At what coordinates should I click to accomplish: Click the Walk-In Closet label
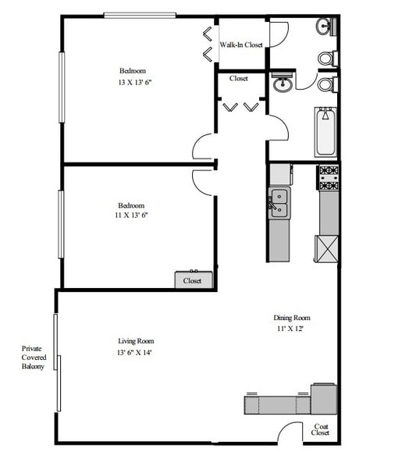pyautogui.click(x=241, y=45)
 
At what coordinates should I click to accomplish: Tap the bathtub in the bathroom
pyautogui.click(x=326, y=131)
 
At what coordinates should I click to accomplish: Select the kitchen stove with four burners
pyautogui.click(x=328, y=177)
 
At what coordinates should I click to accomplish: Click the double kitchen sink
pyautogui.click(x=279, y=204)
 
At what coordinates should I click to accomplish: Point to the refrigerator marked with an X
pyautogui.click(x=326, y=248)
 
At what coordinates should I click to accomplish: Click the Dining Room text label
pyautogui.click(x=292, y=318)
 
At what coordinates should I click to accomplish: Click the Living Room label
pyautogui.click(x=136, y=341)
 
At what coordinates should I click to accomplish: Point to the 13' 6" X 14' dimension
pyautogui.click(x=136, y=353)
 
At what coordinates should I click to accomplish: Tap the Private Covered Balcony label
pyautogui.click(x=33, y=358)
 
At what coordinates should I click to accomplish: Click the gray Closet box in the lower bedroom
pyautogui.click(x=192, y=280)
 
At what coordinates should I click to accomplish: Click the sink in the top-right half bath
pyautogui.click(x=326, y=27)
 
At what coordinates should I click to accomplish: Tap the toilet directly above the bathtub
pyautogui.click(x=327, y=84)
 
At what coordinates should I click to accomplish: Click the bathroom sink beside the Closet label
pyautogui.click(x=282, y=82)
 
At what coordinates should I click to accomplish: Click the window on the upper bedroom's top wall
pyautogui.click(x=140, y=15)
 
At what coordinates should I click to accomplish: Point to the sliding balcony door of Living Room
pyautogui.click(x=56, y=362)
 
